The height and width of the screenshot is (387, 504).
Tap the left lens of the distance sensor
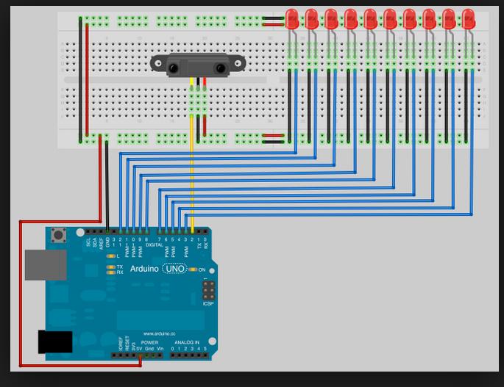pos(174,69)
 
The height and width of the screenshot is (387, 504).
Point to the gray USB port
pos(45,264)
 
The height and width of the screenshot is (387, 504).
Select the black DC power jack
pos(55,342)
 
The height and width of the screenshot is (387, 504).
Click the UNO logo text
pos(175,270)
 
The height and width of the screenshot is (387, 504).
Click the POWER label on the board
pos(149,342)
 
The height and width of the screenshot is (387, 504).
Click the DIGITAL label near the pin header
pos(154,245)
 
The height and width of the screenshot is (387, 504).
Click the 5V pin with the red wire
pos(140,355)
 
